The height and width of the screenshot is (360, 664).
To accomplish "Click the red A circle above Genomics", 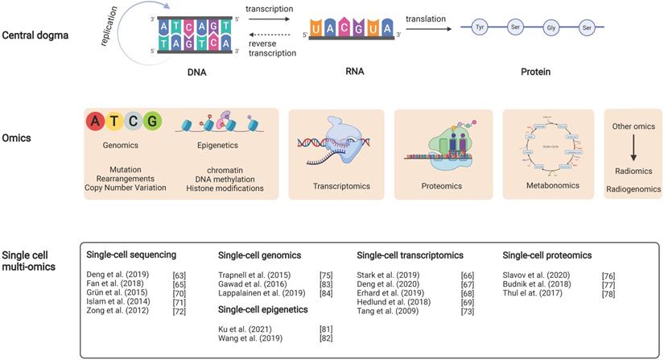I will [97, 122].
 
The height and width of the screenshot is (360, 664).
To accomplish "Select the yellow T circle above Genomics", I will [115, 122].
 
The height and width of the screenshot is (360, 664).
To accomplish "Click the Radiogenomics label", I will [633, 188].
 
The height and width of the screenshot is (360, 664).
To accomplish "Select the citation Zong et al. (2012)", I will [117, 310].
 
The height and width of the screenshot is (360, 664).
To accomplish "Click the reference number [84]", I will [327, 292].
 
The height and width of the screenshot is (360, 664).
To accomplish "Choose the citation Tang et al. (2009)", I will [387, 310].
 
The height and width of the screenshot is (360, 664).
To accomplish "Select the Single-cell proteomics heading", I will [547, 255].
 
